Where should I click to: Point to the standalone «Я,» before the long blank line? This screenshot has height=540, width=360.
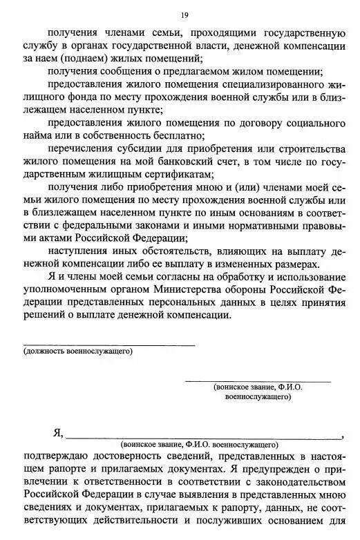(x=58, y=434)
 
